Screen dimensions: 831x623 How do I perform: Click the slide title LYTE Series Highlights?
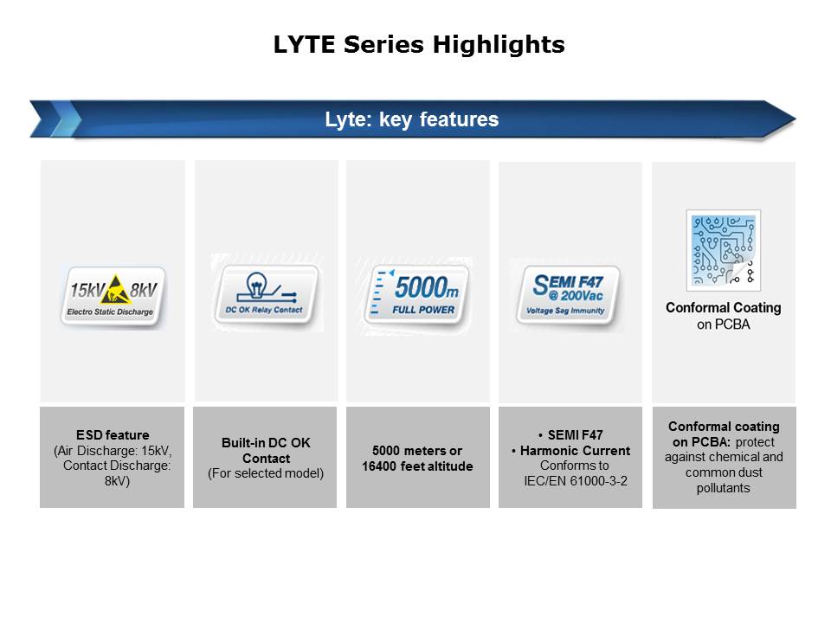pyautogui.click(x=419, y=44)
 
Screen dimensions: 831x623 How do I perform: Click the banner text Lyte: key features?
pyautogui.click(x=412, y=119)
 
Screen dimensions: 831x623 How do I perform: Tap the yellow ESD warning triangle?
pyautogui.click(x=117, y=289)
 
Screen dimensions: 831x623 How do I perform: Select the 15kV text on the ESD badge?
pyautogui.click(x=87, y=290)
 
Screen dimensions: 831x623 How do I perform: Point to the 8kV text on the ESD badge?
pyautogui.click(x=143, y=290)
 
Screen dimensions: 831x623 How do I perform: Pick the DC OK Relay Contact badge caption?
pyautogui.click(x=264, y=310)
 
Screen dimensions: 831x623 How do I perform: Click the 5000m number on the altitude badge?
pyautogui.click(x=427, y=287)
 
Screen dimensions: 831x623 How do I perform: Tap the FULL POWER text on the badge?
pyautogui.click(x=423, y=310)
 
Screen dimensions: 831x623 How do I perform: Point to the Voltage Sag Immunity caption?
pyautogui.click(x=565, y=311)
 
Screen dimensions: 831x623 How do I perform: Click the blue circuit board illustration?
pyautogui.click(x=724, y=250)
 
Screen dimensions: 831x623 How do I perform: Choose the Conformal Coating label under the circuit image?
pyautogui.click(x=724, y=308)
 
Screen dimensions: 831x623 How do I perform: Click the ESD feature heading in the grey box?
pyautogui.click(x=113, y=435)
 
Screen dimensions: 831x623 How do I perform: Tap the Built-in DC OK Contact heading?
pyautogui.click(x=266, y=450)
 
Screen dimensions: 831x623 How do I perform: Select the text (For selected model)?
pyautogui.click(x=266, y=473)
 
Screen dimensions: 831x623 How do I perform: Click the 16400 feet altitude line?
pyautogui.click(x=417, y=466)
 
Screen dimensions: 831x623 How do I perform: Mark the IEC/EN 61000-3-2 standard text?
pyautogui.click(x=576, y=481)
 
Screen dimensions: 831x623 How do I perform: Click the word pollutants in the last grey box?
pyautogui.click(x=724, y=488)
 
